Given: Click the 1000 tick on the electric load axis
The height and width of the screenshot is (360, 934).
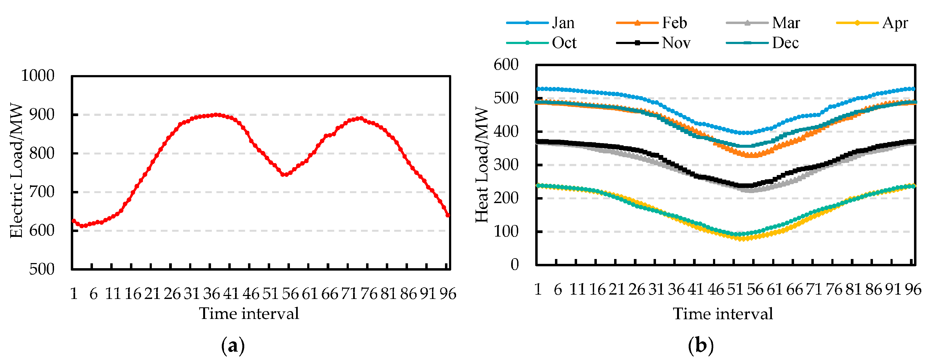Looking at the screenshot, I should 38,76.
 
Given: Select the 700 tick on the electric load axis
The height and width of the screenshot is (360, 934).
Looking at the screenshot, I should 42,192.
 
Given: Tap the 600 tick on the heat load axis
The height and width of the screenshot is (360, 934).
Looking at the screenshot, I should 506,65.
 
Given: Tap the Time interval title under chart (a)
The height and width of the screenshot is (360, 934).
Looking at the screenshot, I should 249,314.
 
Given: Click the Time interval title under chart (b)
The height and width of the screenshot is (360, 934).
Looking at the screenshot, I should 723,314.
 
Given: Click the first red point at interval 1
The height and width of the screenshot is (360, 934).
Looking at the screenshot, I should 73,221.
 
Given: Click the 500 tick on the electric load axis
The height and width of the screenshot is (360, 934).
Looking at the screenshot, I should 42,269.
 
